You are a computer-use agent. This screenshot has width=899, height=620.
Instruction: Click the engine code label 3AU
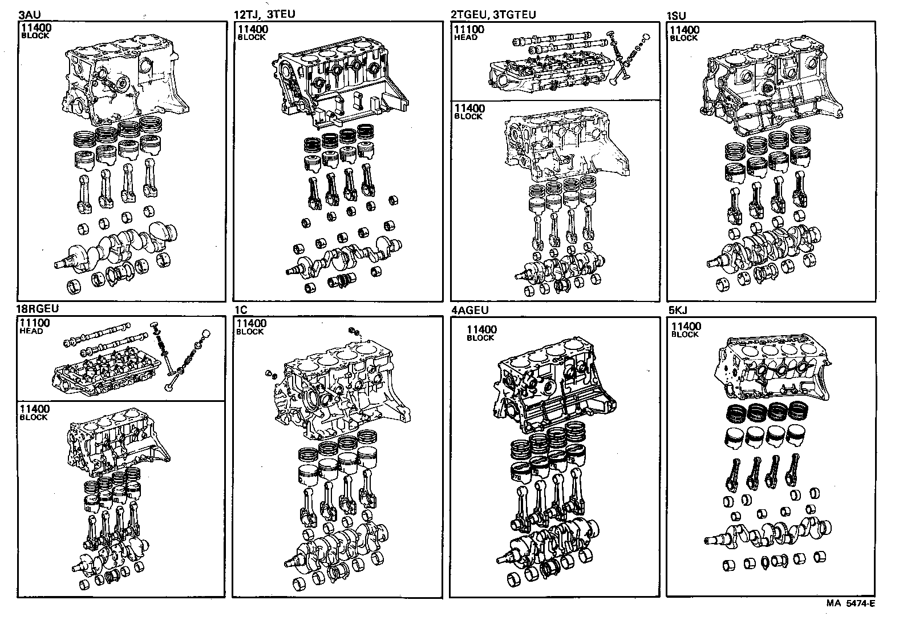coord(29,14)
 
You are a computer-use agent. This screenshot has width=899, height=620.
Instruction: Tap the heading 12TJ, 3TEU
coord(264,14)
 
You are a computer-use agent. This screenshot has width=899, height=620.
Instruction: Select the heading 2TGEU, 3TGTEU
coord(493,14)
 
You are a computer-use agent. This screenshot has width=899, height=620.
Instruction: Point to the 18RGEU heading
coord(38,309)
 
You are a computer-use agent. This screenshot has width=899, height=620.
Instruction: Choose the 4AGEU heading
coord(469,310)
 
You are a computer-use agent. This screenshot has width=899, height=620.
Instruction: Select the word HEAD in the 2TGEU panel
coord(465,38)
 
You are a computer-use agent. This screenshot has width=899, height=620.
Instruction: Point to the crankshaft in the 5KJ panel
coord(767,531)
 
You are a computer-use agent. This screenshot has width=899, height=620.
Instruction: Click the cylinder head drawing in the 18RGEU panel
coord(103,371)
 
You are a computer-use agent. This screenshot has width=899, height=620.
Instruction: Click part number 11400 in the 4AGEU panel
coord(481,329)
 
